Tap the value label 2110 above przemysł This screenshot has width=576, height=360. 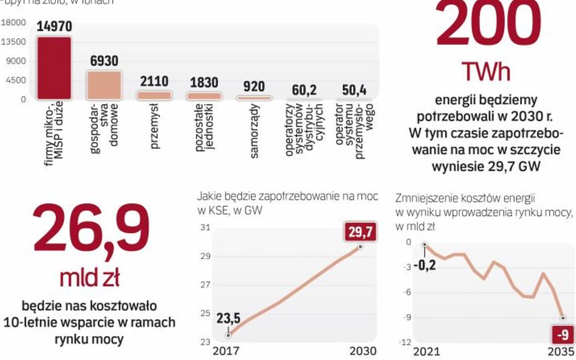(x=154, y=81)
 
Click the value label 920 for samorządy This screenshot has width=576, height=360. (x=254, y=86)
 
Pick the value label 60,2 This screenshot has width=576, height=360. (x=304, y=90)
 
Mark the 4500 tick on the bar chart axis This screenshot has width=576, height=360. (x=16, y=80)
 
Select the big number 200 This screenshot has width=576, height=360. (x=488, y=27)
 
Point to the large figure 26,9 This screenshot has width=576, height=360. (x=91, y=229)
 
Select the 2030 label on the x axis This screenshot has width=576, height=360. (x=363, y=351)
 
